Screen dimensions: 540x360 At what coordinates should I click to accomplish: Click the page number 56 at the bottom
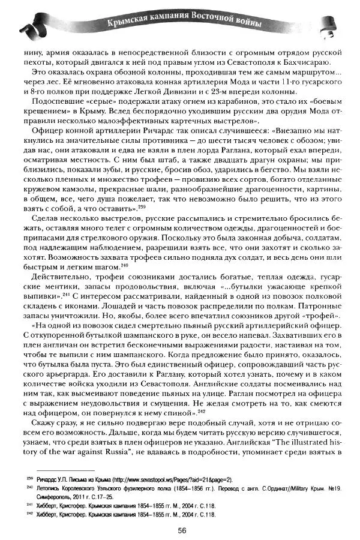pos(179,530)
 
